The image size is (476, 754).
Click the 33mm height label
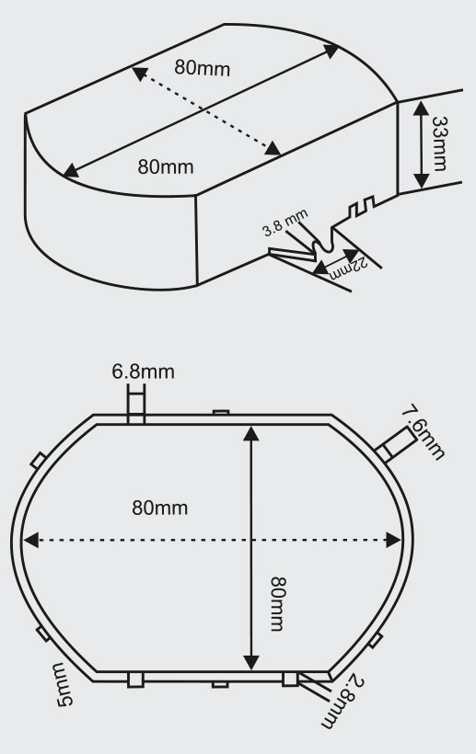[439, 143]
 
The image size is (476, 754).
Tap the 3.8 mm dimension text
[284, 223]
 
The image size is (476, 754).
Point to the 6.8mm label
[143, 371]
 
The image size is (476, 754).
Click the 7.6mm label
[424, 433]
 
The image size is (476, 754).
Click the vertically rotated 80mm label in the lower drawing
[278, 604]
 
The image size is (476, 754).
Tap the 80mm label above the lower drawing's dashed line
[160, 508]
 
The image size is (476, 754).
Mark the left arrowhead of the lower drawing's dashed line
[30, 540]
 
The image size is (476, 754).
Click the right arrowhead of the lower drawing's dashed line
[393, 540]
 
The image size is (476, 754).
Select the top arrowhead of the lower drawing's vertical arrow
[250, 433]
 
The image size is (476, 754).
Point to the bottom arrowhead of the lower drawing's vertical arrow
[250, 662]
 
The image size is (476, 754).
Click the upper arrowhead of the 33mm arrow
[421, 109]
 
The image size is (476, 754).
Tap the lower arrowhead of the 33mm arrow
[421, 181]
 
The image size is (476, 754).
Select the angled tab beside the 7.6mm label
[396, 445]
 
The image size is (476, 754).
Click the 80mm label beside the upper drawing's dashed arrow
[203, 68]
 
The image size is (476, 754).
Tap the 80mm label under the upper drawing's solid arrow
[166, 166]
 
